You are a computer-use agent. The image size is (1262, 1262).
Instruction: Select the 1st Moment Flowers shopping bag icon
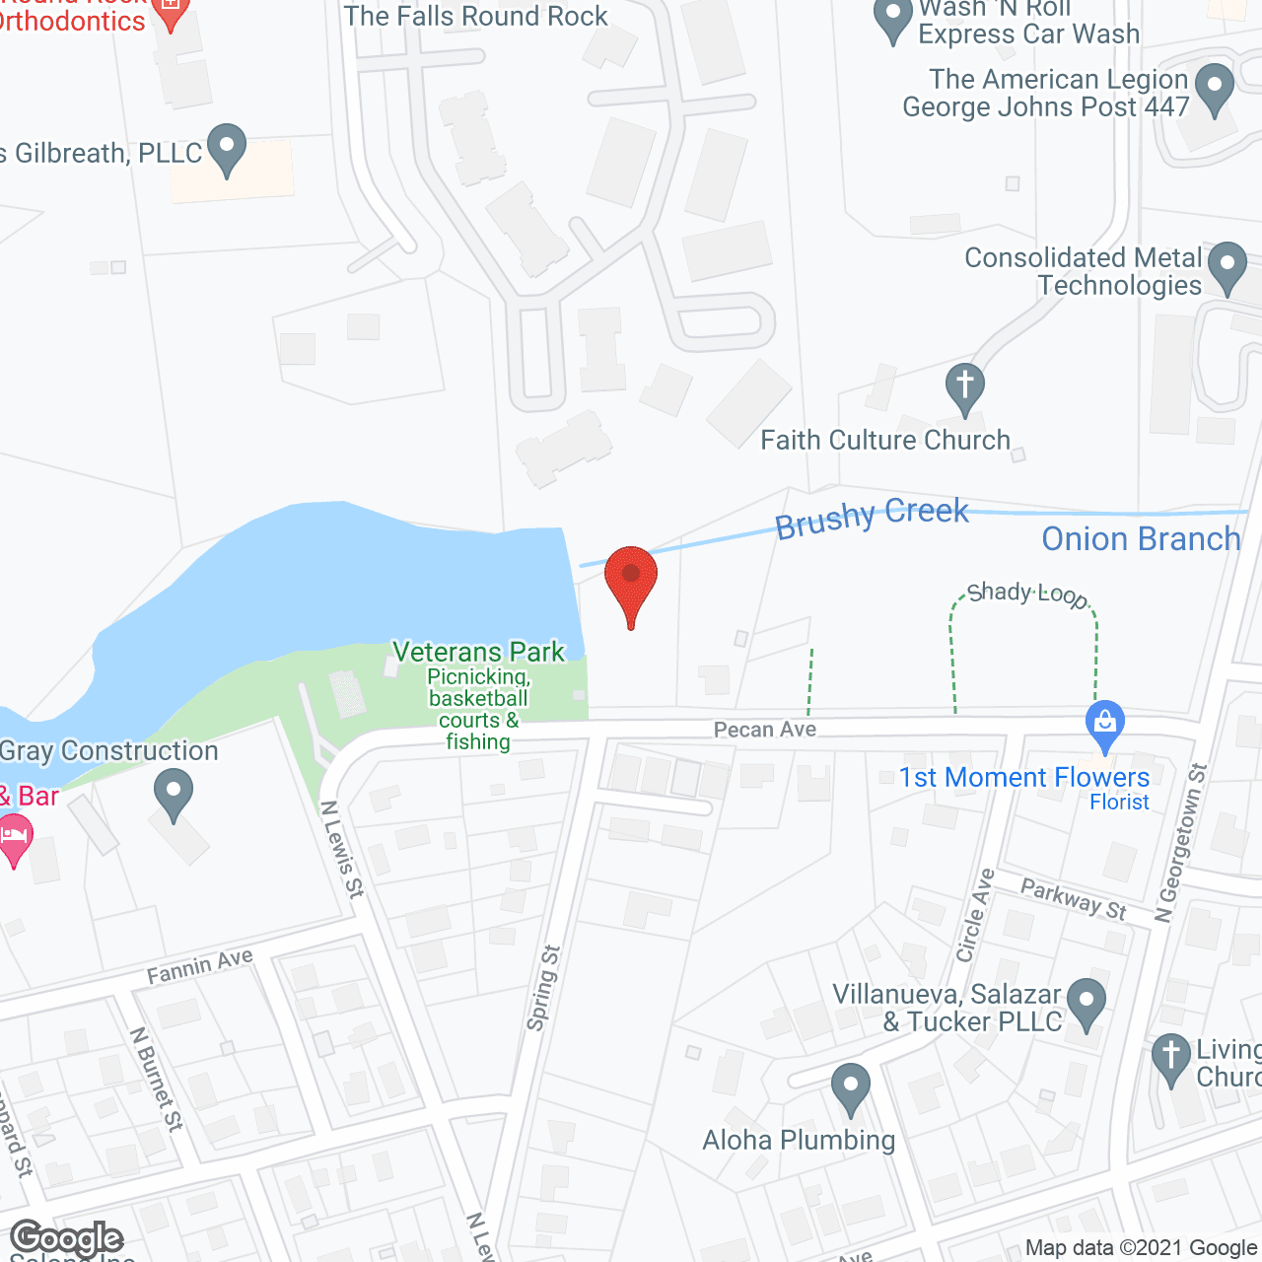click(1105, 726)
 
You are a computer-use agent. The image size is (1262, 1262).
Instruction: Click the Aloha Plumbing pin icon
click(850, 1088)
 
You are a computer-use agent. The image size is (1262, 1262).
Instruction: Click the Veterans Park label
click(479, 652)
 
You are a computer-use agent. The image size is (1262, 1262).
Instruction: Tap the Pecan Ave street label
click(765, 730)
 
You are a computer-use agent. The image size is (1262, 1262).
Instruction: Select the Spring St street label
click(542, 988)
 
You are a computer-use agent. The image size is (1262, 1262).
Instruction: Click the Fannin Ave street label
click(200, 966)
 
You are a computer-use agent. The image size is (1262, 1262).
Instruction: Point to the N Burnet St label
click(157, 1079)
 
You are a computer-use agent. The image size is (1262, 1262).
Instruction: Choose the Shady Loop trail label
click(1027, 594)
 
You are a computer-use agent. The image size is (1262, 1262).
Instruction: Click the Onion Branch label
click(1141, 539)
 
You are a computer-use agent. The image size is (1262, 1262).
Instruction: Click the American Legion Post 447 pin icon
click(1215, 89)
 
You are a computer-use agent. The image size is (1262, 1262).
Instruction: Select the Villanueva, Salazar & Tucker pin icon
click(1087, 1003)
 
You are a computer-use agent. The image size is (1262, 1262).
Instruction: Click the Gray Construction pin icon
click(174, 795)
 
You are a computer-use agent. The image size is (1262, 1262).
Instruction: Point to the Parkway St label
click(1074, 899)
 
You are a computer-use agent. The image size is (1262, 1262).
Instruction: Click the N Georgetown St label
click(1181, 843)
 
